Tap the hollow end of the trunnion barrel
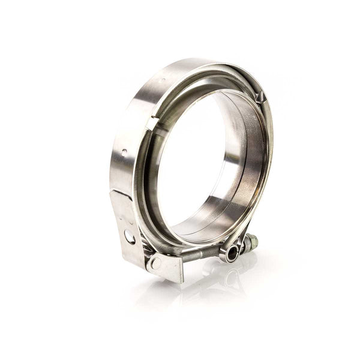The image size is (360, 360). (232, 253)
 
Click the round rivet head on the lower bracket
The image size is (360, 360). (155, 263)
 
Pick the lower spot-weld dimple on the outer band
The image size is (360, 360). (124, 152)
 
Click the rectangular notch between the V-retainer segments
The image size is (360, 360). (152, 123)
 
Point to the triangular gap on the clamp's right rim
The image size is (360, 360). (259, 96)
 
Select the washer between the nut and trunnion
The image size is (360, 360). (243, 246)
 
